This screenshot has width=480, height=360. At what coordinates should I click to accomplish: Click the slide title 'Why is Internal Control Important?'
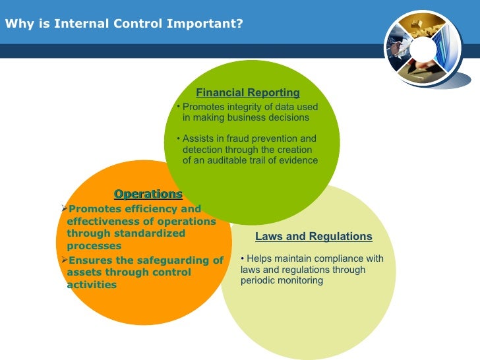point(124,24)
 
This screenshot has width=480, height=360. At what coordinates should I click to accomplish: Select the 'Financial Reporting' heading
point(248,93)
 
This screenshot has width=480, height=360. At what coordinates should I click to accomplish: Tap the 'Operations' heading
point(148,194)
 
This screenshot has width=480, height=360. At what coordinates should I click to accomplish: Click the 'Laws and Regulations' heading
point(313,236)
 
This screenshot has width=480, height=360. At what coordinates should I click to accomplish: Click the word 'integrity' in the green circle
point(246,107)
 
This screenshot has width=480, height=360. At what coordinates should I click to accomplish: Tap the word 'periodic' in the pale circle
point(258,280)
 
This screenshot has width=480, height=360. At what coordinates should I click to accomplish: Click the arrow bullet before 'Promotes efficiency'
point(64,209)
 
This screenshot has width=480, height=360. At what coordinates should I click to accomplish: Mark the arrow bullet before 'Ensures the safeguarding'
point(64,260)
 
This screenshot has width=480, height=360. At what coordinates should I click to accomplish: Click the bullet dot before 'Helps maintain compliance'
point(243,258)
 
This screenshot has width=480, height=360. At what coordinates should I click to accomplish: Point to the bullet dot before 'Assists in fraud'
point(179,138)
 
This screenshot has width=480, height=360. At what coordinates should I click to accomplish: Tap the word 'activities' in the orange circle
point(92,285)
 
